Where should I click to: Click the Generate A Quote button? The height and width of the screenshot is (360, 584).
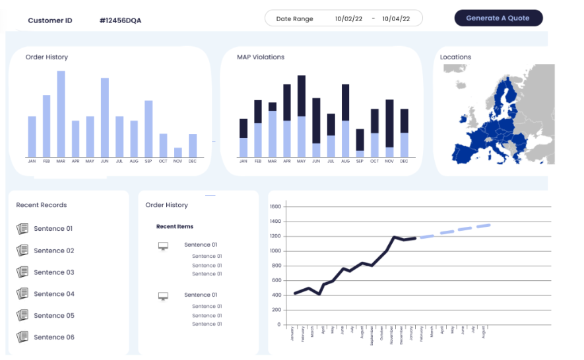tap(498, 18)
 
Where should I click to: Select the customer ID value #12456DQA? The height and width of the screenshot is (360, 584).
tap(120, 20)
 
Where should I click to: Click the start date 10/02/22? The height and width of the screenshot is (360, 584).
tap(348, 18)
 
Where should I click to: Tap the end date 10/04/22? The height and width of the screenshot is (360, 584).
tap(396, 18)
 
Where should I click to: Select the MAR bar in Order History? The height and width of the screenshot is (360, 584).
tap(61, 113)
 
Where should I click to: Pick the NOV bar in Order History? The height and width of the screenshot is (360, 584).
tap(178, 152)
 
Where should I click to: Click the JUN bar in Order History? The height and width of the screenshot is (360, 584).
tap(104, 117)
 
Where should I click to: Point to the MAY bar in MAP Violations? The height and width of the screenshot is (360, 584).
tap(302, 116)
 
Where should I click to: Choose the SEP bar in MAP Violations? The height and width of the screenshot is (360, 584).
tap(360, 143)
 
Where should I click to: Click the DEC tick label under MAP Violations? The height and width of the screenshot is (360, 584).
tap(404, 162)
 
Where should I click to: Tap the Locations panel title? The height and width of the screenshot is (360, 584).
tap(455, 57)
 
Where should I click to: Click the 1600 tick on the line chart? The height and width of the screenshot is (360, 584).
tap(276, 206)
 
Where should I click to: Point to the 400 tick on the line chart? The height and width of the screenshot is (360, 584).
tap(276, 295)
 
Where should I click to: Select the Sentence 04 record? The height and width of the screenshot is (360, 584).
tap(54, 294)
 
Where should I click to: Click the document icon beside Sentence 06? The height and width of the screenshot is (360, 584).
tap(22, 337)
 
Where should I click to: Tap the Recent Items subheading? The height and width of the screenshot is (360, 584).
tap(175, 227)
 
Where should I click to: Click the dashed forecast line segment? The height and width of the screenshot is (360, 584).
tap(455, 230)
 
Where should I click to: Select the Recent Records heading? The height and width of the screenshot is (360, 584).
tap(42, 205)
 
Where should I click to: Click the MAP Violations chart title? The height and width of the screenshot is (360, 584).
tap(261, 57)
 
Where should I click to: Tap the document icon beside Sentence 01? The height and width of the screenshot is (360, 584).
tap(22, 229)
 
